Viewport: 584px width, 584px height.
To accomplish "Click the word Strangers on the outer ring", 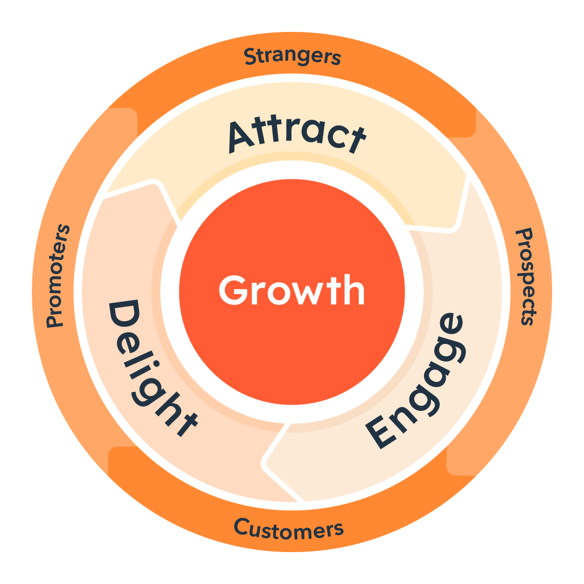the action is pos(293,56).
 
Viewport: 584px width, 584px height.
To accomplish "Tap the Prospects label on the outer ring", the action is pos(526,277).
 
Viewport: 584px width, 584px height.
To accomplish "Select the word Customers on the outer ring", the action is pos(289,529).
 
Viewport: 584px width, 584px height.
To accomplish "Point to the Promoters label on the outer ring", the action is pos(58,276).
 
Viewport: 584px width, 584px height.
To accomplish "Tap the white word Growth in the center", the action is pos(291,290).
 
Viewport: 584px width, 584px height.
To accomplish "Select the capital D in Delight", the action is pos(124,314).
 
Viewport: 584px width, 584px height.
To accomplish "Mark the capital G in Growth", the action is pos(234,290).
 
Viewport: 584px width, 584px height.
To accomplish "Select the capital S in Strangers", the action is pos(251,56).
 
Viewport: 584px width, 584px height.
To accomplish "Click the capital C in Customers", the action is pos(242,527).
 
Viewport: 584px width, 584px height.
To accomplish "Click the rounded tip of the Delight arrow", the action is pos(155,183).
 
